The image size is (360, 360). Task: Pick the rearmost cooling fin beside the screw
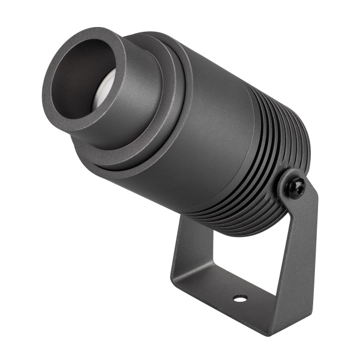click(x=303, y=144)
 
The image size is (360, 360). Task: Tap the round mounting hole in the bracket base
click(x=240, y=298)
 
